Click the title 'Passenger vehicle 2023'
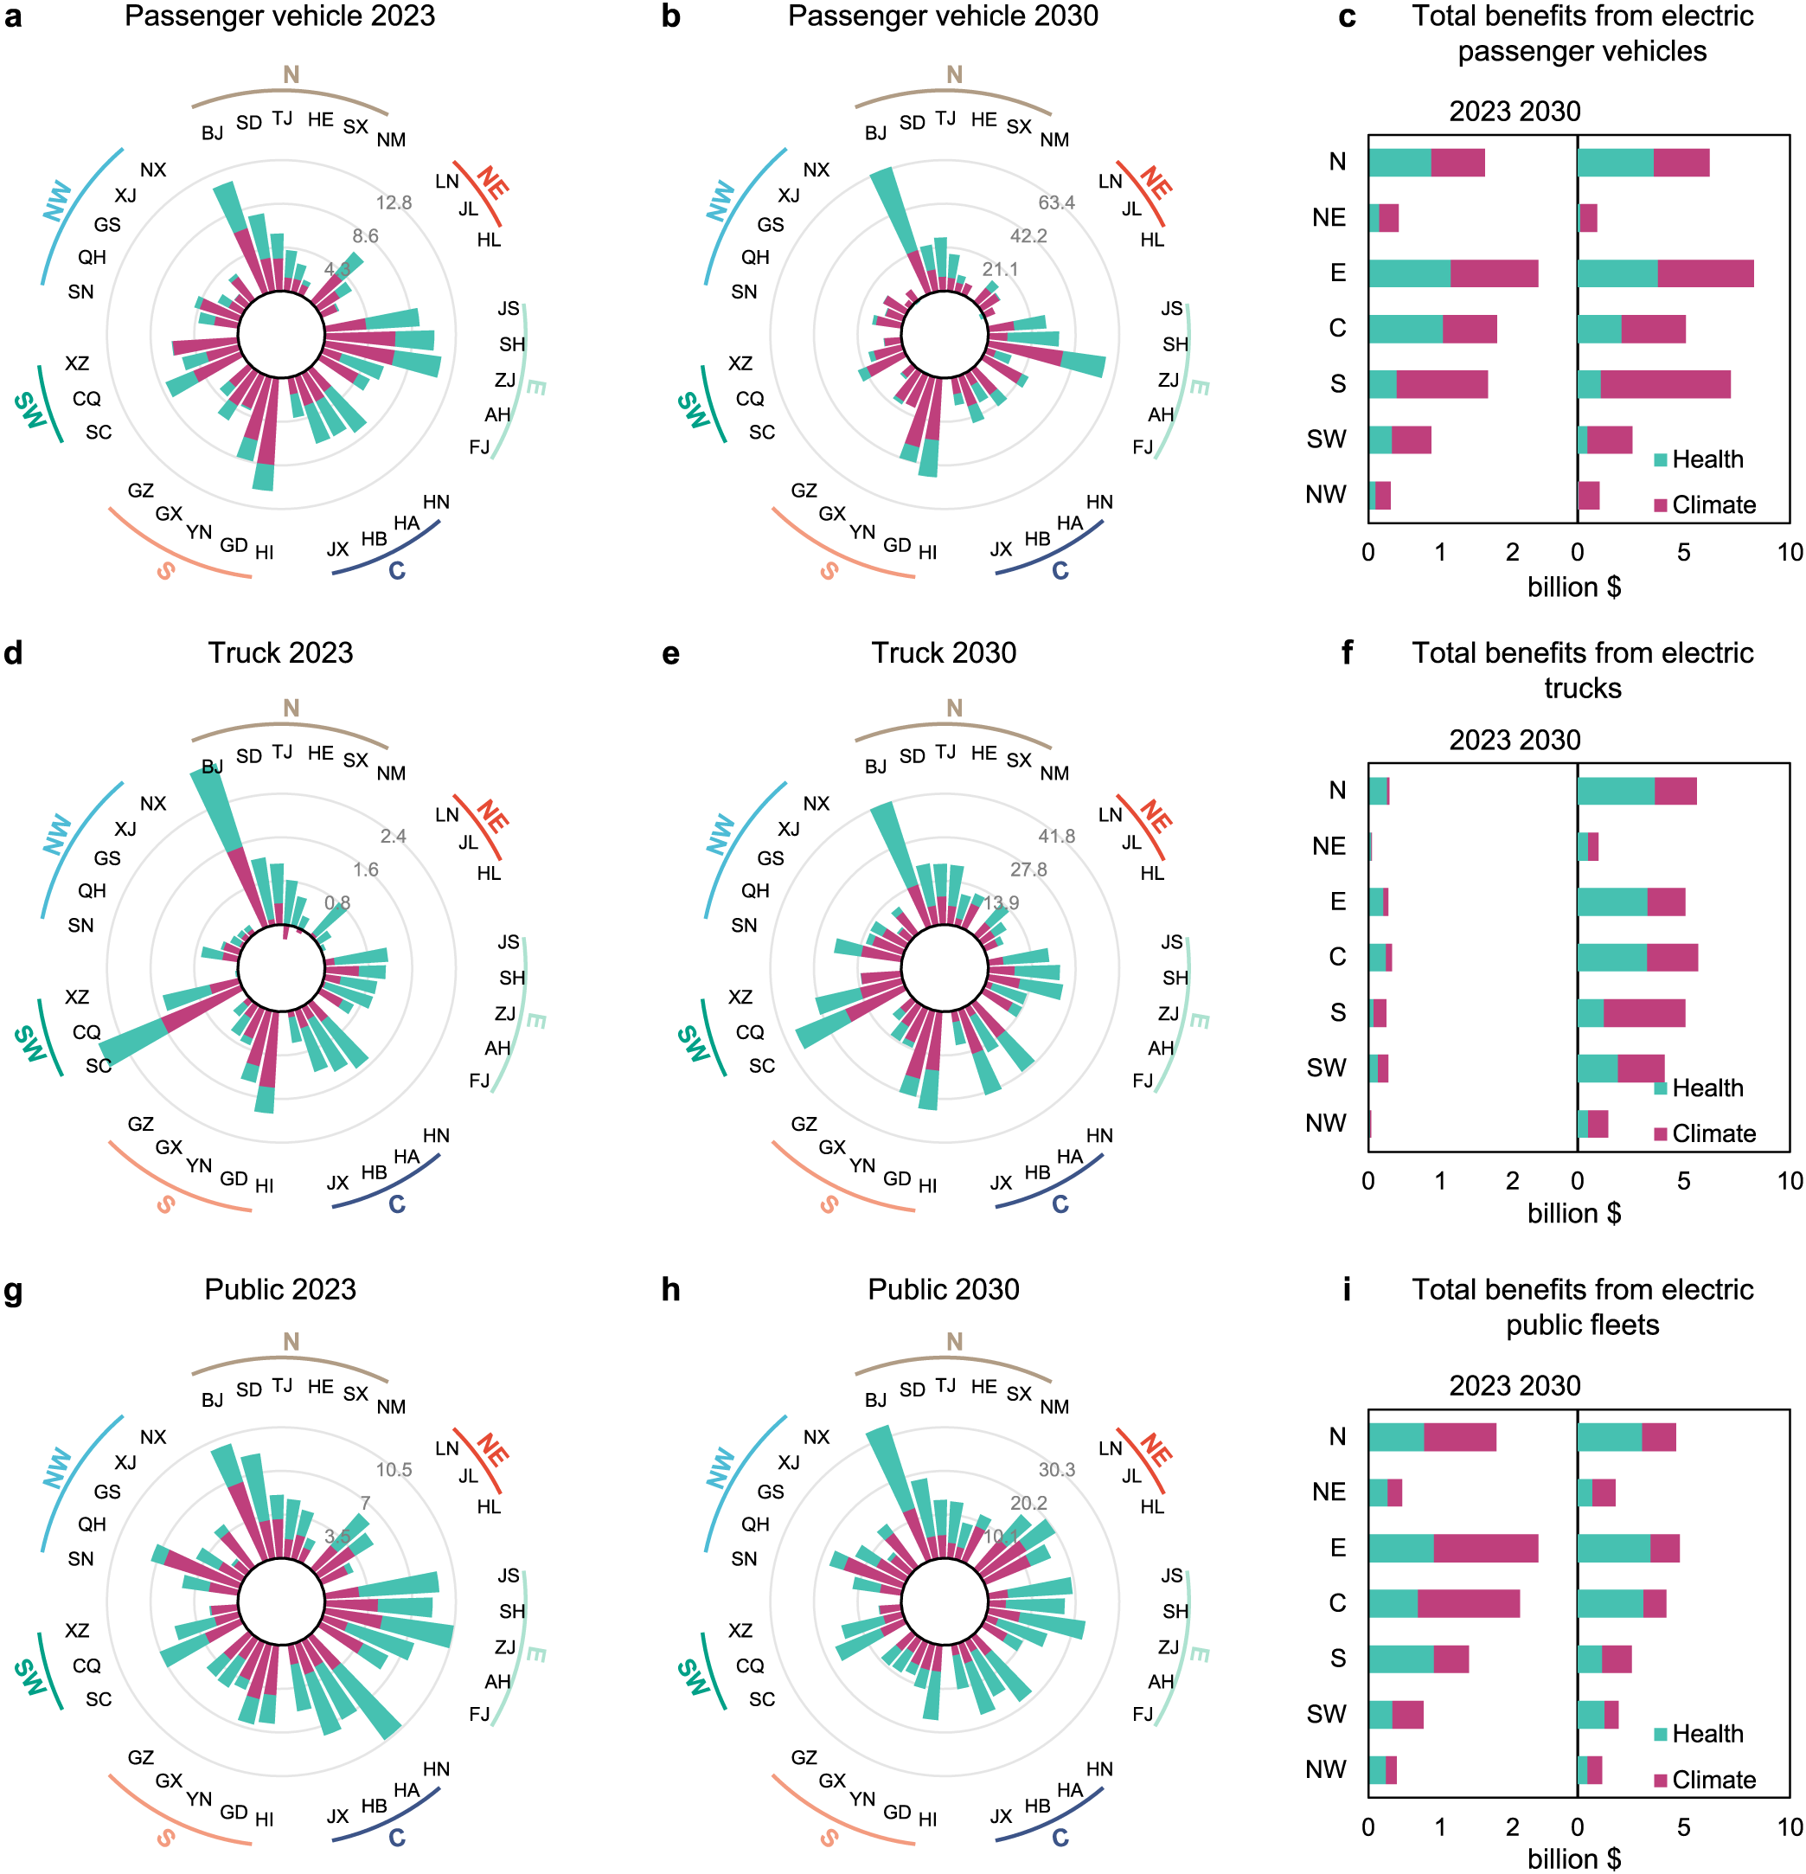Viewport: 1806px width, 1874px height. [x=279, y=16]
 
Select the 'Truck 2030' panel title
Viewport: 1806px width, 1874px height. [x=943, y=652]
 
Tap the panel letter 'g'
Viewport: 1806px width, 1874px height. [x=13, y=1291]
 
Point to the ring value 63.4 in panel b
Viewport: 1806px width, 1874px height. [x=1055, y=202]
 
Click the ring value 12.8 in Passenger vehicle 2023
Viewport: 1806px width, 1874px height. [x=393, y=202]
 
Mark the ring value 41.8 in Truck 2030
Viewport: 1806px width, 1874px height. [x=1055, y=836]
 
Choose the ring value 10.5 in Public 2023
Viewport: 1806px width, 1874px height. [x=393, y=1470]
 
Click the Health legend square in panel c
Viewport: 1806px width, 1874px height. [x=1661, y=460]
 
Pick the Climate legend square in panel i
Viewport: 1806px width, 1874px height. [x=1661, y=1781]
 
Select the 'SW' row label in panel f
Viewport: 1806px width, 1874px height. [x=1326, y=1068]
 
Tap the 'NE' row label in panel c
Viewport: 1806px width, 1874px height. [x=1328, y=218]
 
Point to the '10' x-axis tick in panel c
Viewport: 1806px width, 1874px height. [x=1789, y=553]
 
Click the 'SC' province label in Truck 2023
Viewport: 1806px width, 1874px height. [x=99, y=1065]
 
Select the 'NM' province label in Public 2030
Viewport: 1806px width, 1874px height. [x=1054, y=1407]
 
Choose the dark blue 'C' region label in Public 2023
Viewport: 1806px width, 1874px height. [x=397, y=1838]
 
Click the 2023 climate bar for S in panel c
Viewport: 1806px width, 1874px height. [x=1442, y=384]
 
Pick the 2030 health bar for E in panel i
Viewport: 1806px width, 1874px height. [x=1614, y=1548]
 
